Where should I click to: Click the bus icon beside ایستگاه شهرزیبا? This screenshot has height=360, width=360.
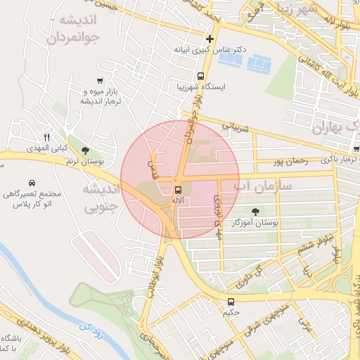click(x=200, y=75)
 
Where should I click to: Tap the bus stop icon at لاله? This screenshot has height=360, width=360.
click(x=177, y=189)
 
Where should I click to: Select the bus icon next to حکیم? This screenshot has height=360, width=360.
click(x=231, y=302)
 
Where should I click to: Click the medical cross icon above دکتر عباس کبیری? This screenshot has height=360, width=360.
click(x=209, y=39)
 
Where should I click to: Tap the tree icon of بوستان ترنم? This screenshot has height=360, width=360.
click(x=85, y=150)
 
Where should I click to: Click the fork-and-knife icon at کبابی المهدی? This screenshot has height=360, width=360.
click(x=46, y=136)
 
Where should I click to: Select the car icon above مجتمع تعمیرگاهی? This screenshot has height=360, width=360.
click(x=32, y=184)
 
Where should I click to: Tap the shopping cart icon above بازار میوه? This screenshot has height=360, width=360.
click(x=102, y=80)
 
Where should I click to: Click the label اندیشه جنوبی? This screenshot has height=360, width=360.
click(x=102, y=198)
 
